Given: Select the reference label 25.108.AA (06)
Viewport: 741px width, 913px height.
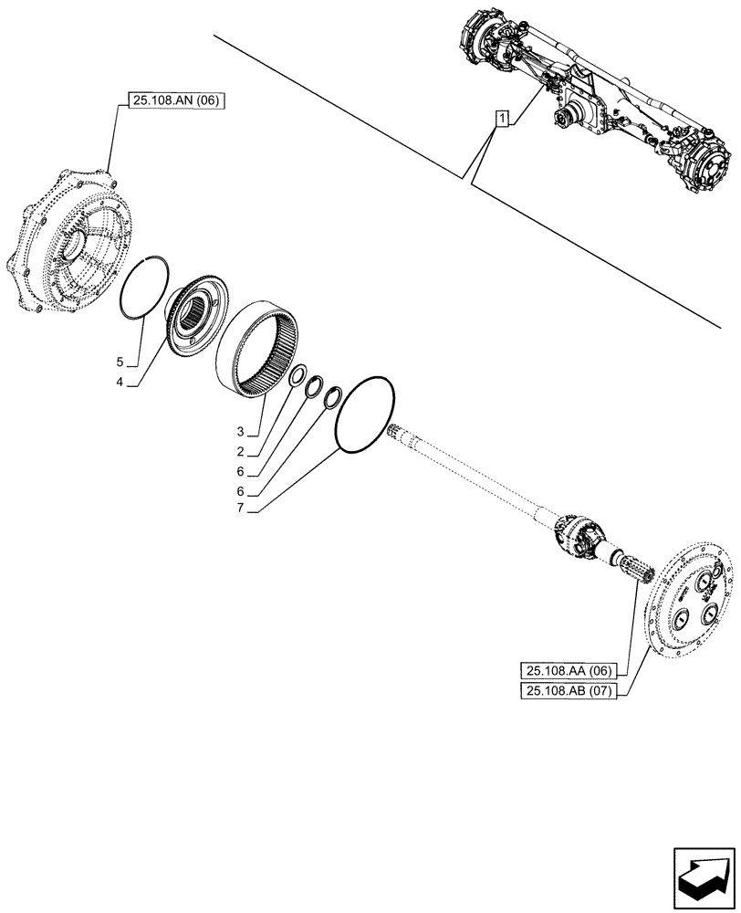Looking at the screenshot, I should pyautogui.click(x=566, y=670).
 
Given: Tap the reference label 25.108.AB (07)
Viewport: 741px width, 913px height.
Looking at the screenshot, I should pyautogui.click(x=566, y=691).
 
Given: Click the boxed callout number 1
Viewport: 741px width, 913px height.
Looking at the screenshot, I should pyautogui.click(x=501, y=117).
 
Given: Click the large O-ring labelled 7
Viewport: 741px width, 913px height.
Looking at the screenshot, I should pyautogui.click(x=364, y=413).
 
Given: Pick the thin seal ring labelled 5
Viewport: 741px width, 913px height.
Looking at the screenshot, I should pyautogui.click(x=146, y=288).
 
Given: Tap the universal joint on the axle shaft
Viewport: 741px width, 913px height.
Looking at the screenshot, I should pyautogui.click(x=574, y=535).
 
